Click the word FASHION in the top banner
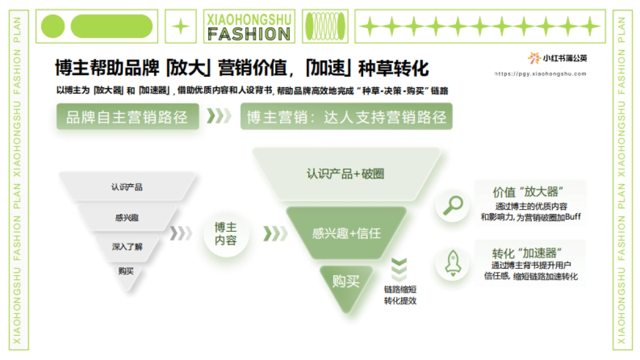coord(249,34)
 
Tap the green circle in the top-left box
coord(53,26)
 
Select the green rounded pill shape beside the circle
coord(111,26)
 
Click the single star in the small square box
coord(181,26)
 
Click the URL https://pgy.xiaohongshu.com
coord(540,74)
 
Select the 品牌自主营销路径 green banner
coord(127,116)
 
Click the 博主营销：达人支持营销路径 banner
coord(346,116)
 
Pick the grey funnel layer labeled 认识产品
coord(127,187)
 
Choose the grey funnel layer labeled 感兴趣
coord(127,217)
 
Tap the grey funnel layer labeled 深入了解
coord(127,246)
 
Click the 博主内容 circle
coord(226,234)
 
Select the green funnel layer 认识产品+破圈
coord(346,174)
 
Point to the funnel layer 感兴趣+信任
coord(346,233)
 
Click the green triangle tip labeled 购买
coord(346,283)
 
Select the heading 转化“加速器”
coord(529,253)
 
